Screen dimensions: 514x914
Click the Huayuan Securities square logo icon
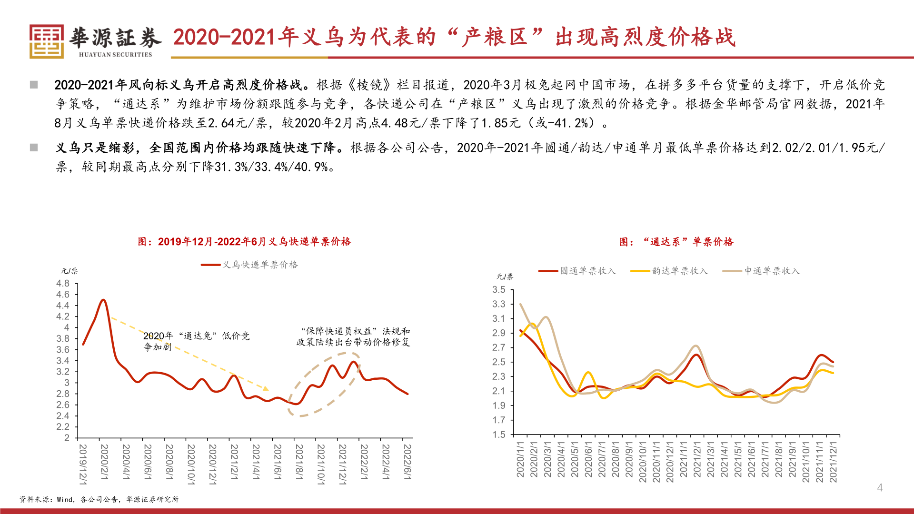coord(46,41)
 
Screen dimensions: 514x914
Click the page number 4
coord(880,487)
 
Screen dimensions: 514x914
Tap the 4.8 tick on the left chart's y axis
coord(63,284)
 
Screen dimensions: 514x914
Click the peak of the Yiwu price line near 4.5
coord(103,300)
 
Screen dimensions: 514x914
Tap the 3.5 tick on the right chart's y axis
coord(499,290)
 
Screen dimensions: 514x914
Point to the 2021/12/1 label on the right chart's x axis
coord(833,462)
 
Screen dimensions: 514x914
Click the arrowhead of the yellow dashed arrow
coord(266,389)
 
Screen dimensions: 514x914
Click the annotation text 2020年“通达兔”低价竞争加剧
coord(196,341)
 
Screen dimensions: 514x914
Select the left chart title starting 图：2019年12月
coord(244,242)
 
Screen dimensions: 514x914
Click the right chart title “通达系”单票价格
coord(676,242)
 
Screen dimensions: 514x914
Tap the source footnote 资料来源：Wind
coord(99,499)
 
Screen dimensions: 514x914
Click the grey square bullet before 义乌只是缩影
coord(34,148)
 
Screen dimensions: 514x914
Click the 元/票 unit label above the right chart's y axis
coord(505,277)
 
